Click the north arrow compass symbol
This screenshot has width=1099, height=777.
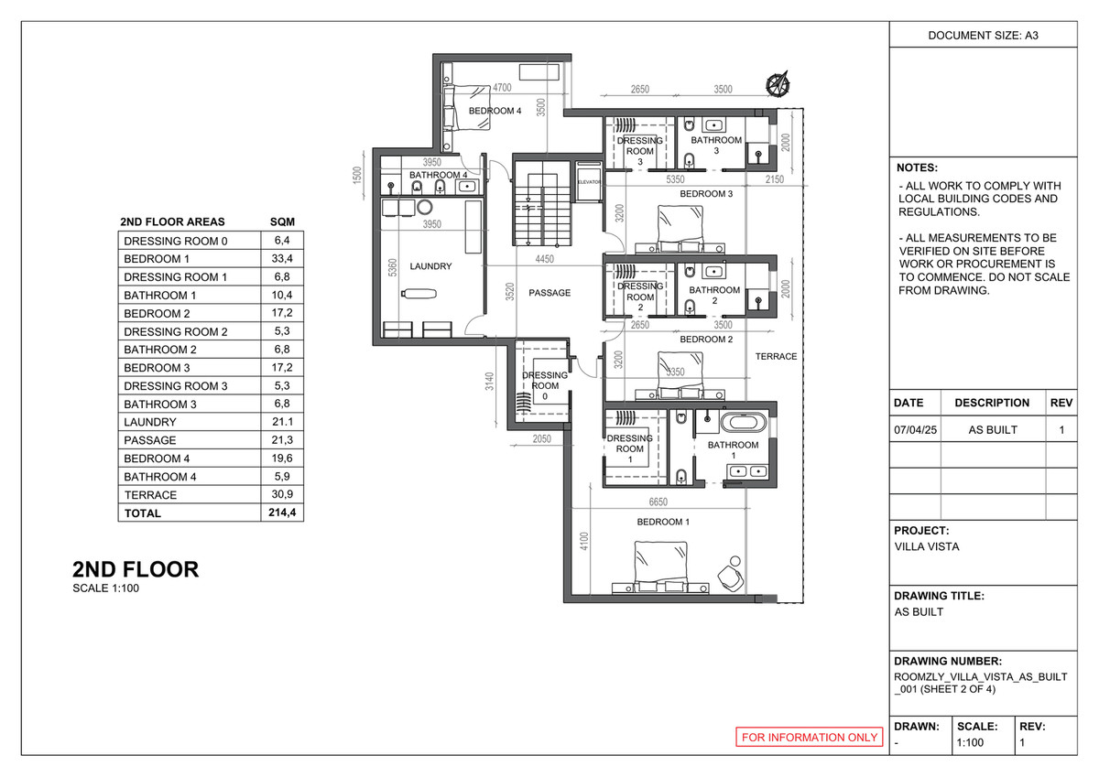[778, 83]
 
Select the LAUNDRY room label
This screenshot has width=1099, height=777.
[430, 266]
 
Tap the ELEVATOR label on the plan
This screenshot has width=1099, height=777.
[588, 182]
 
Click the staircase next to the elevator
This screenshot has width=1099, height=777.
[541, 207]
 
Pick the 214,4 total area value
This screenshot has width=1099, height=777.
[281, 513]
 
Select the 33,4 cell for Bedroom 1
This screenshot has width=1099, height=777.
[281, 259]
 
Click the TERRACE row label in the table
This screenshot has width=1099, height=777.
[150, 495]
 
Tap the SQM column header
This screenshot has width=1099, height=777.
[281, 222]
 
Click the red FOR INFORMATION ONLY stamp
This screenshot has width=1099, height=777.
[810, 737]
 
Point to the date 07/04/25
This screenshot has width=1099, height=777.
[916, 430]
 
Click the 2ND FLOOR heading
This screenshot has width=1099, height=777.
[136, 569]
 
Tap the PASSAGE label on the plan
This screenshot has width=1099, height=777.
[549, 293]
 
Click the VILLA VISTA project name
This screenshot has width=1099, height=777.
[927, 547]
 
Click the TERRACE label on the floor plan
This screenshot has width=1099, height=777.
[777, 356]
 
